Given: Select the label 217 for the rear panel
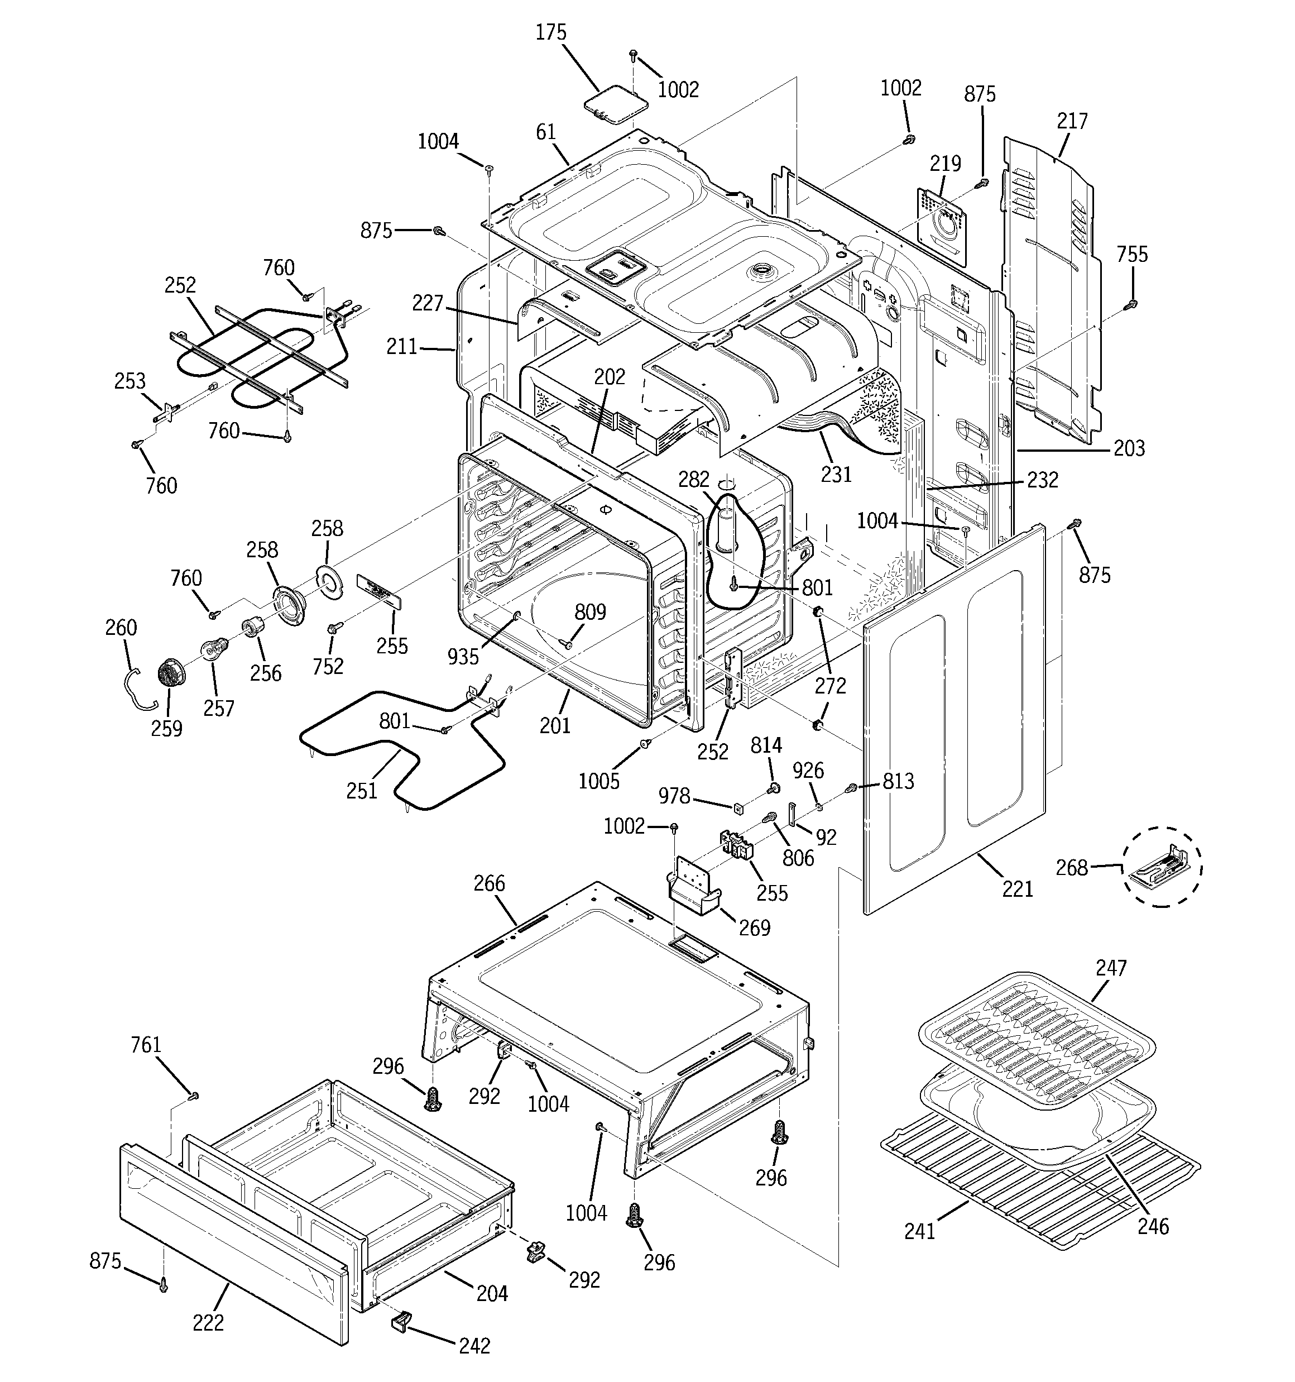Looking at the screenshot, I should click(1072, 121).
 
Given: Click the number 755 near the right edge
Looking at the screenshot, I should click(1131, 255).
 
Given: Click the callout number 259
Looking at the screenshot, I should click(166, 729).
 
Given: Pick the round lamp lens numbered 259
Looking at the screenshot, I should click(169, 673).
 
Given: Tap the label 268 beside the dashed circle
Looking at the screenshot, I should click(1071, 868).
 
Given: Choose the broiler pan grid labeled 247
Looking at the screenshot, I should click(1036, 1030).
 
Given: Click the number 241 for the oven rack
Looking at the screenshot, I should click(920, 1231).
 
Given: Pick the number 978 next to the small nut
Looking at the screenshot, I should click(674, 795).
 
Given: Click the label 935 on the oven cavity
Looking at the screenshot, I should click(462, 656).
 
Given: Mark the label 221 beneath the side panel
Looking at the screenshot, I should click(1017, 888).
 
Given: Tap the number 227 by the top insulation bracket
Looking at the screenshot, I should click(427, 303).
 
